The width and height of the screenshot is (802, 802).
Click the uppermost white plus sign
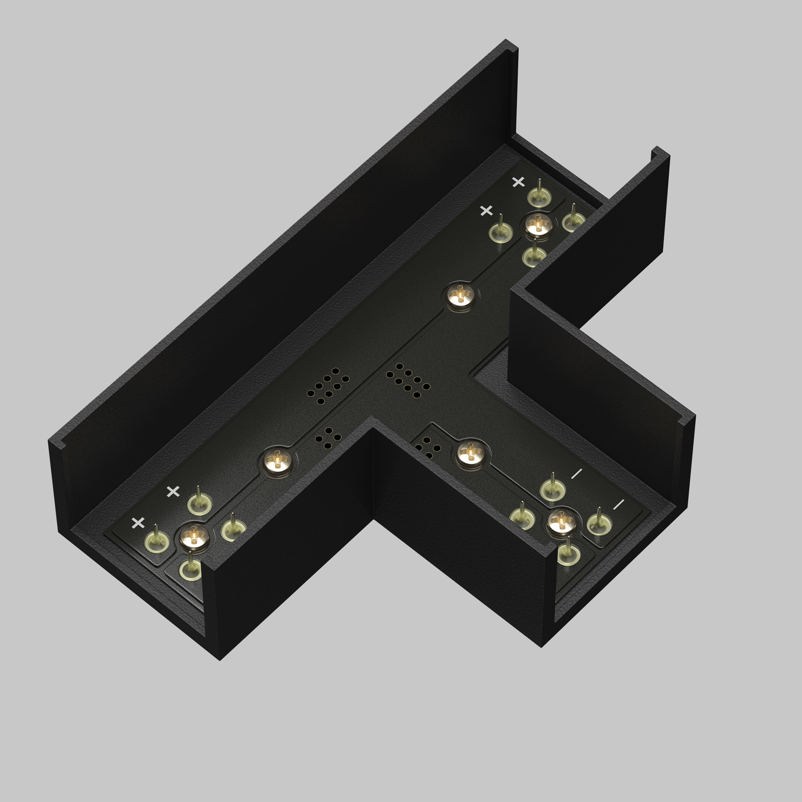click(x=518, y=182)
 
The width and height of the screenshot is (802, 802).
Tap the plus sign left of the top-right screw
click(x=486, y=211)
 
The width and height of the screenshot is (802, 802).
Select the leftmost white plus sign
click(x=138, y=523)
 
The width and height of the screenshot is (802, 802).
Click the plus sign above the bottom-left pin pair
click(x=173, y=492)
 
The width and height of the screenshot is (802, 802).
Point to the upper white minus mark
click(x=577, y=474)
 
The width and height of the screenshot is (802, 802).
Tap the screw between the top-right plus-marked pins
click(x=539, y=225)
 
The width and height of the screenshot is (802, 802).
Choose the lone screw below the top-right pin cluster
click(x=461, y=296)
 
